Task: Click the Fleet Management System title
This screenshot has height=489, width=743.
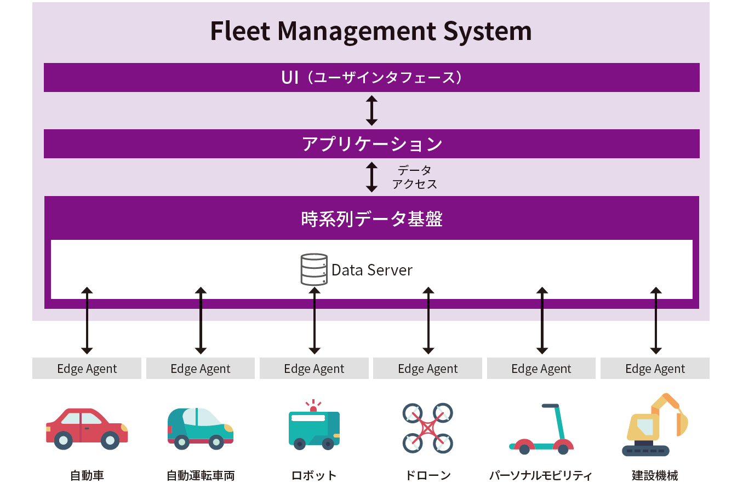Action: click(x=371, y=32)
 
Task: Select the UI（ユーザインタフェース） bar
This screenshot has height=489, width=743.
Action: click(x=371, y=78)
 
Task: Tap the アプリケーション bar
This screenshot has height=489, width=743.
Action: click(x=371, y=144)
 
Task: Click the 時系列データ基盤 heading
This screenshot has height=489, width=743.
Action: click(x=371, y=219)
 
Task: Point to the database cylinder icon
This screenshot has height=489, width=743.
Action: click(x=314, y=269)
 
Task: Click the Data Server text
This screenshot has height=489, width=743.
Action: click(x=372, y=270)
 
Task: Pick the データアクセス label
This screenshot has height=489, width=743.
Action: click(x=415, y=177)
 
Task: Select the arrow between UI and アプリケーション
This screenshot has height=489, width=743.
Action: click(x=371, y=111)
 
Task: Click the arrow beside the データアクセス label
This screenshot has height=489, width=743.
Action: click(x=371, y=177)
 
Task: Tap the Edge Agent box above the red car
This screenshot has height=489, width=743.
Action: click(x=87, y=369)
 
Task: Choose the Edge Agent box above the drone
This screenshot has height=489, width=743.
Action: click(x=428, y=369)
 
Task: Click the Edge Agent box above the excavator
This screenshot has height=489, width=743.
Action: click(x=655, y=369)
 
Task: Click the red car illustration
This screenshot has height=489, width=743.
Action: click(x=87, y=429)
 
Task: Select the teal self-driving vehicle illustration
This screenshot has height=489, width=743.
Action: click(x=200, y=428)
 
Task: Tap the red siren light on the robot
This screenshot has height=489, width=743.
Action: click(x=313, y=408)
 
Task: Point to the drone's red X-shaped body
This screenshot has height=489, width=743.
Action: click(x=428, y=428)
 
